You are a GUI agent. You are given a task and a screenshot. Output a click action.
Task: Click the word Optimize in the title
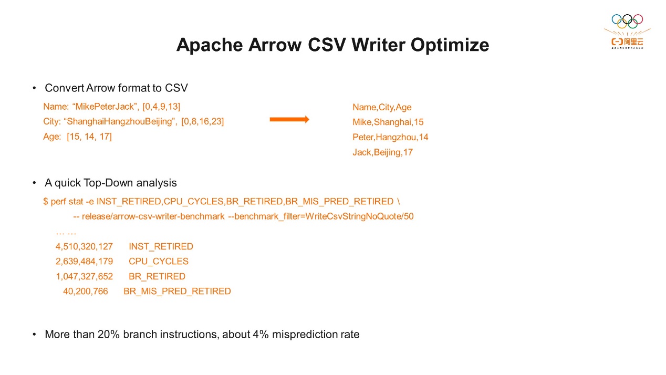450,45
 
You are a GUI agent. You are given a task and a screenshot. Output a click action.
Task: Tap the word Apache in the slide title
210,45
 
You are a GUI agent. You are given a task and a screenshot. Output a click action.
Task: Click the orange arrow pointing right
289,119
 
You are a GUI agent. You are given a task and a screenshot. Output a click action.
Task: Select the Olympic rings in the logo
627,21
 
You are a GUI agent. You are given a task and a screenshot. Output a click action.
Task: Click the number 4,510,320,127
84,246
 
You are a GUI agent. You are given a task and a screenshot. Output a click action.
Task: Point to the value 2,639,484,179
84,262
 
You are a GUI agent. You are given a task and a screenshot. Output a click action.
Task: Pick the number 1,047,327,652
85,277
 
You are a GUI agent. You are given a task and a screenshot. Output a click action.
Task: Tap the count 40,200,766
85,291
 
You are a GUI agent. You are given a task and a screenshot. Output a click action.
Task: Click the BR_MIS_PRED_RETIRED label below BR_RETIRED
177,291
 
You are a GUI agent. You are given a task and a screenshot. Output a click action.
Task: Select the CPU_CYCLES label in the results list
159,262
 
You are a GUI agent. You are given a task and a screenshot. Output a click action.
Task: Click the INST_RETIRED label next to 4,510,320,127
161,246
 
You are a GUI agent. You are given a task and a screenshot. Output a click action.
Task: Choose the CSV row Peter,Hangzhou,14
390,138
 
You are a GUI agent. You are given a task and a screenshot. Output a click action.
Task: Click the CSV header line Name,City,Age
382,107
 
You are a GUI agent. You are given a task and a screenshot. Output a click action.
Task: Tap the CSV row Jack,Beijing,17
383,152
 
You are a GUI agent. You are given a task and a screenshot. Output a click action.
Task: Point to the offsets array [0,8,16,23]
202,122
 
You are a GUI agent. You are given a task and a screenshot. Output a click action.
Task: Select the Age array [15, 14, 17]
89,137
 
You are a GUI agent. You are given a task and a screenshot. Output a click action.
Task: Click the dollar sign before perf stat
46,202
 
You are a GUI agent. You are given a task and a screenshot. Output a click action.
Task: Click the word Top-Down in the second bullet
108,183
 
